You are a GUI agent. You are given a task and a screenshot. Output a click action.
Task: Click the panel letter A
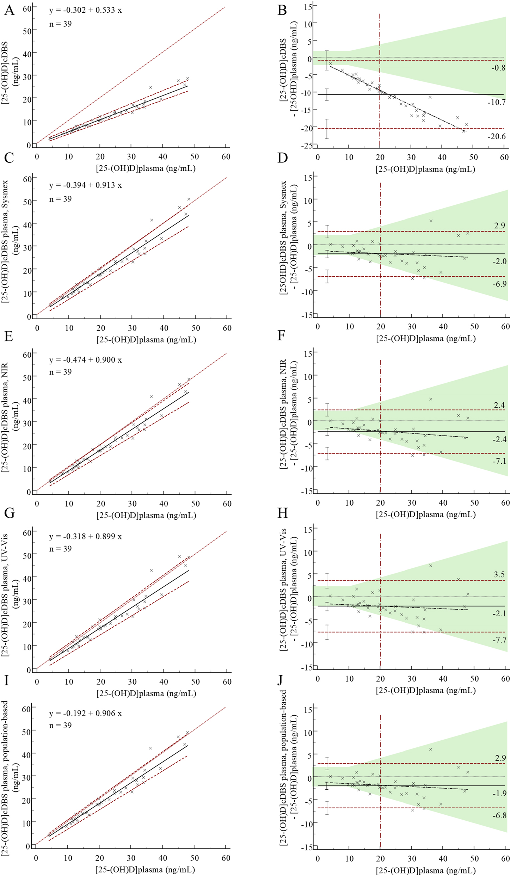(9, 10)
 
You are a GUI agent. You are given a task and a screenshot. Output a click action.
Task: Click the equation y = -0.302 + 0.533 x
(85, 10)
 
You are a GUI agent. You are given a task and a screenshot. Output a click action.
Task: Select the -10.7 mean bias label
(497, 103)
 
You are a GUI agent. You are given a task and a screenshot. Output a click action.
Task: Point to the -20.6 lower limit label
(497, 136)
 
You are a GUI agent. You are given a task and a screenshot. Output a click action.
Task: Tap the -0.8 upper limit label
(498, 68)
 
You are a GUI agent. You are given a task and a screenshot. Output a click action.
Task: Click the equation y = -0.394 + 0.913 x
(85, 185)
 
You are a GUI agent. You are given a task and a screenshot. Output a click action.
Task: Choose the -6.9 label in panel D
(499, 284)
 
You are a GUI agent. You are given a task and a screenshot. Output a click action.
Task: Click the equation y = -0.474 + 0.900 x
(85, 360)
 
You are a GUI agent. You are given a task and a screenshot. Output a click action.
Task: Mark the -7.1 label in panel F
(499, 461)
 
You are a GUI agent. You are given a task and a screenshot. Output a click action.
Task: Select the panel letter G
(9, 513)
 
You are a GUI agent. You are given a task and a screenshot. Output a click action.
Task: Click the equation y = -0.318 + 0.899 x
(85, 536)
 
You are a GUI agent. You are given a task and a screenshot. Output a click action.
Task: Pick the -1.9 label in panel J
(499, 793)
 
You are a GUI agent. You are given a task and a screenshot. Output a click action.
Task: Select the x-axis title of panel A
(146, 168)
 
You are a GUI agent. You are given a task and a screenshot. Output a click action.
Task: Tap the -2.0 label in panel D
(499, 261)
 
